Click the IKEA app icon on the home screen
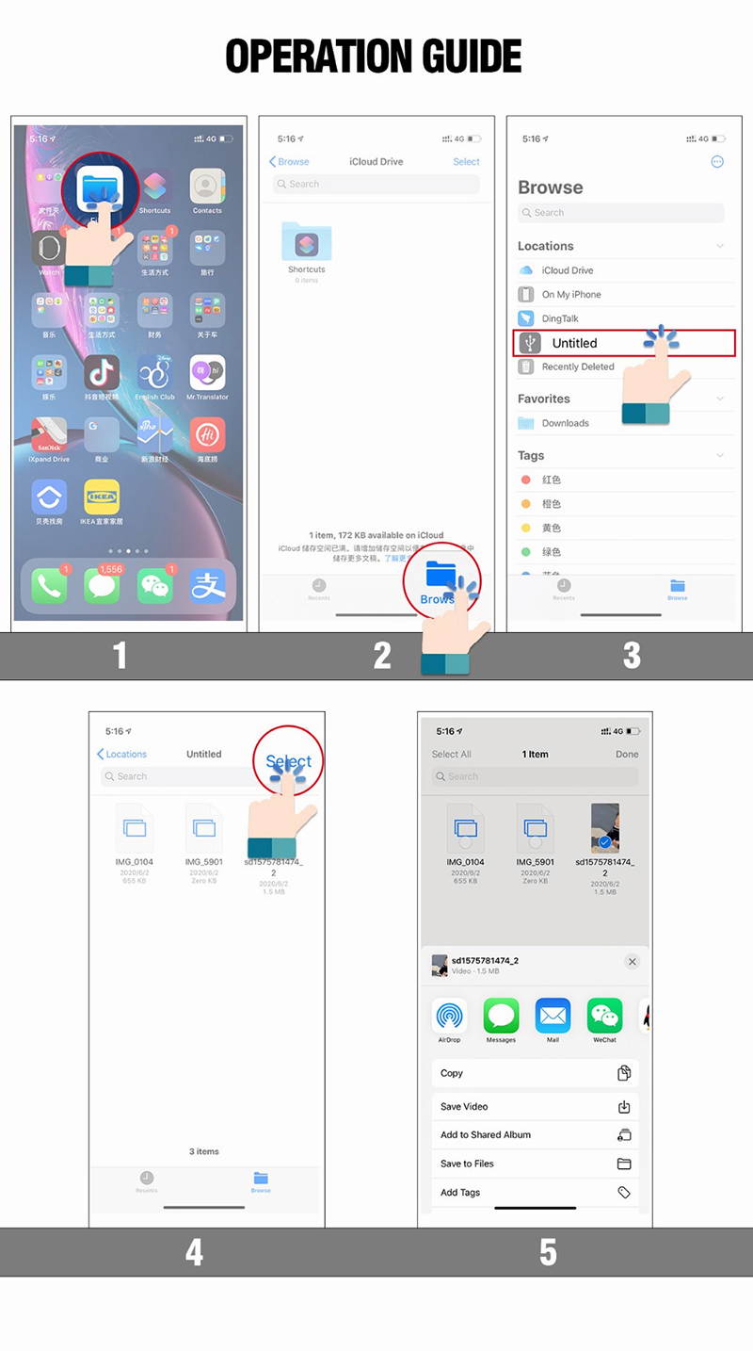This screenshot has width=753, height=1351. (102, 496)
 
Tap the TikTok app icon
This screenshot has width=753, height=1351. (102, 374)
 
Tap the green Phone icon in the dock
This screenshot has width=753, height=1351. (49, 586)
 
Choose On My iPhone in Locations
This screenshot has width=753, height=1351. (570, 295)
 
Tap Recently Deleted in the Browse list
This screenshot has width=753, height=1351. (577, 367)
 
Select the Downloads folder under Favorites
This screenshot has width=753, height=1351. (565, 423)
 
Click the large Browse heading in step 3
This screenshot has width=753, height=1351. (551, 187)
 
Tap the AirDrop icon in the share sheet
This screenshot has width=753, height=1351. (449, 1017)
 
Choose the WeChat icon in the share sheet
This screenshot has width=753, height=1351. (604, 1017)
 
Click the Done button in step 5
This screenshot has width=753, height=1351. (627, 754)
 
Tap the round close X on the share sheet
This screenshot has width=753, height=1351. (632, 962)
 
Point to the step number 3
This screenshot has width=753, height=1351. (632, 656)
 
